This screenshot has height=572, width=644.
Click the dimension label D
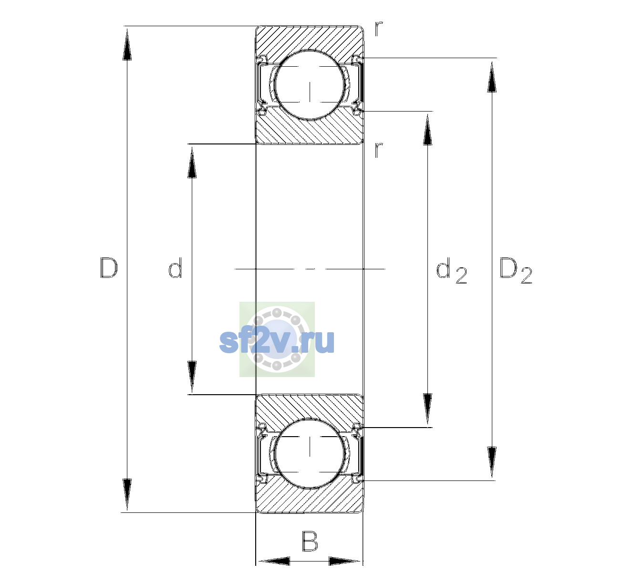tap(109, 268)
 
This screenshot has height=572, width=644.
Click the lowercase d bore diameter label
tap(175, 268)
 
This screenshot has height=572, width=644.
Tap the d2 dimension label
tap(451, 271)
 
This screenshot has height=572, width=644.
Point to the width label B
tap(309, 541)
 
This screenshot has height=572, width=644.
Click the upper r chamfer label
tap(379, 29)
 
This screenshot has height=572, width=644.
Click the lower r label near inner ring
tap(379, 150)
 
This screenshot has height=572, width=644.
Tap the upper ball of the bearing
tap(310, 85)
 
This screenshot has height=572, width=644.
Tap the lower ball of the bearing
tap(310, 453)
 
